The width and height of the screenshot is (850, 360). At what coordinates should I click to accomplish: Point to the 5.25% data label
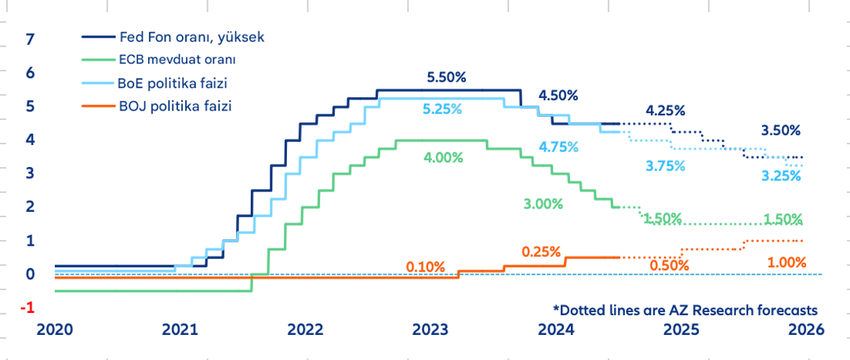click(x=443, y=111)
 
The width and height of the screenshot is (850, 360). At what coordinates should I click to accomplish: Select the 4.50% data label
click(x=558, y=96)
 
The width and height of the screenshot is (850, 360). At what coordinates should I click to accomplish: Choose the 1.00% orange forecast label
click(x=786, y=263)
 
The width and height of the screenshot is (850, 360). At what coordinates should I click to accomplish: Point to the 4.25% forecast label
click(x=666, y=110)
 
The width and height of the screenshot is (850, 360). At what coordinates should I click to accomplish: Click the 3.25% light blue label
click(x=781, y=176)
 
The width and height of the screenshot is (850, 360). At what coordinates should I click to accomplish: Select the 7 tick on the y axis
click(x=31, y=38)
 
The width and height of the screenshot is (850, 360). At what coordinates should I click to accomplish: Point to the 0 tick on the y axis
click(x=31, y=274)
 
